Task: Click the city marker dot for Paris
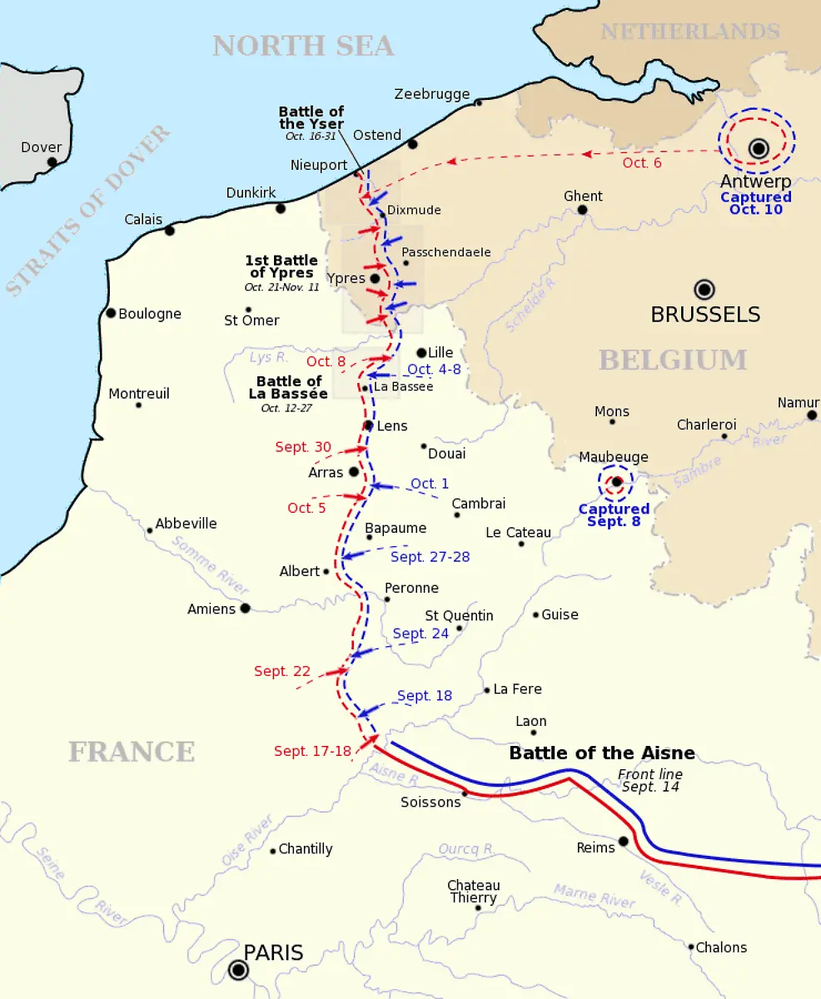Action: tap(239, 970)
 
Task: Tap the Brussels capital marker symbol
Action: tap(704, 290)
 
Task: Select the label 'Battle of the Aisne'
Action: tap(601, 753)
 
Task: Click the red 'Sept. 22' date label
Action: tap(282, 671)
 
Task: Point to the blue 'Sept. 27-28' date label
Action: tap(430, 557)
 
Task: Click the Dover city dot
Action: tap(52, 162)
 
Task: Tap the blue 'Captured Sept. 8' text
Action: tap(614, 515)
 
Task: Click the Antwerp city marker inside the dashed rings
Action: tap(758, 148)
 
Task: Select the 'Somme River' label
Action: tap(211, 565)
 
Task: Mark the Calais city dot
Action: tap(170, 230)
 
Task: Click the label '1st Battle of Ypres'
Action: tap(281, 267)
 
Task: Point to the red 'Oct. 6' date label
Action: tap(642, 162)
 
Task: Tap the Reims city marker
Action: tap(623, 842)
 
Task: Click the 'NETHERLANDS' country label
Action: tap(690, 32)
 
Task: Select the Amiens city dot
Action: tap(245, 609)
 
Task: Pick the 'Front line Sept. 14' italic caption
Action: tap(650, 781)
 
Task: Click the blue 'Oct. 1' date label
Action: tap(430, 484)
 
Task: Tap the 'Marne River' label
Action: tap(595, 897)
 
